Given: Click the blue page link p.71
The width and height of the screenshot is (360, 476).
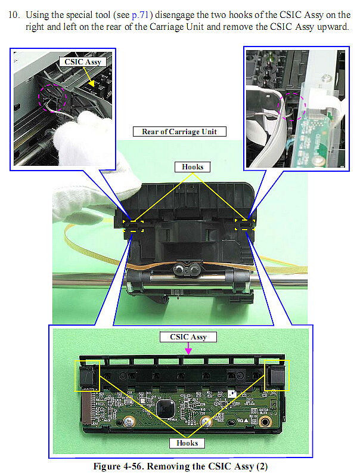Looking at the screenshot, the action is click(x=140, y=15).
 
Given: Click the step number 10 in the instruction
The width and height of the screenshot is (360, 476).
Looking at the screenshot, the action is click(x=14, y=14).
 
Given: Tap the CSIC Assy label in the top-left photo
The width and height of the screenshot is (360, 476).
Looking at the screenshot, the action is click(x=82, y=62).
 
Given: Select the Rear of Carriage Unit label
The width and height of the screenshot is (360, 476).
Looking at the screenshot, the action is click(x=179, y=131).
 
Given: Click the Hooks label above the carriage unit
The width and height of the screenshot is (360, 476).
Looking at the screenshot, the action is click(x=193, y=167).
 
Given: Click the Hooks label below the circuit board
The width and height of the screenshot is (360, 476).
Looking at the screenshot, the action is click(x=187, y=443).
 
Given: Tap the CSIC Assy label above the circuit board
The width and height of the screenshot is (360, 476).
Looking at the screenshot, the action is click(x=188, y=337).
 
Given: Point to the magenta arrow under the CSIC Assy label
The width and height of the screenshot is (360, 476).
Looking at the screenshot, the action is click(x=188, y=348).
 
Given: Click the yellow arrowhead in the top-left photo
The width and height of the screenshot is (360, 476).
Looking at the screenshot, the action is click(x=91, y=83).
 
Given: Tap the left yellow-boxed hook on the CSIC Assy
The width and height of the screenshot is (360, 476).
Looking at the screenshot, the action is click(x=87, y=376).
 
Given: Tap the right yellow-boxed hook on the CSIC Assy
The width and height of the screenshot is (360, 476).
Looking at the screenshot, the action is click(x=277, y=375).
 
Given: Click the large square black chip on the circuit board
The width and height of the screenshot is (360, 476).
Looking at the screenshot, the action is click(x=165, y=409).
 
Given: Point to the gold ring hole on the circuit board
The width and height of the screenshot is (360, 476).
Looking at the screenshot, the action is click(x=265, y=421).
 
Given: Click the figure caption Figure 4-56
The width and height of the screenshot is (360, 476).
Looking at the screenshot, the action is click(x=180, y=466).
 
